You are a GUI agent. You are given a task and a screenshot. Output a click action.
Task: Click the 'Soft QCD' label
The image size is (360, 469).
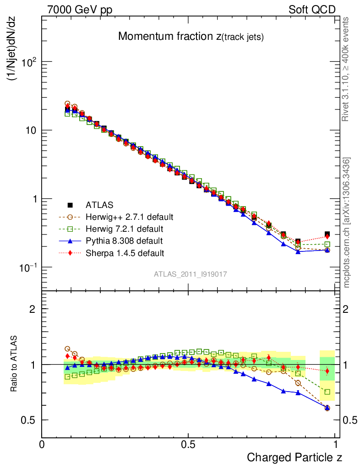pyautogui.click(x=312, y=10)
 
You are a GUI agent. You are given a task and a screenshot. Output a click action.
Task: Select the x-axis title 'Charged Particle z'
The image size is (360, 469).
pyautogui.click(x=295, y=457)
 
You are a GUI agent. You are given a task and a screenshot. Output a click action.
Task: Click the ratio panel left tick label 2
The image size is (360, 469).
pyautogui.click(x=33, y=309)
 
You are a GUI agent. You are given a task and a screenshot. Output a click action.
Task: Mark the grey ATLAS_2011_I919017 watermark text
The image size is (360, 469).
pyautogui.click(x=191, y=274)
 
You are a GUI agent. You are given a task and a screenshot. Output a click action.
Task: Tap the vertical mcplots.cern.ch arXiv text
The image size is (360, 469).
pyautogui.click(x=347, y=223)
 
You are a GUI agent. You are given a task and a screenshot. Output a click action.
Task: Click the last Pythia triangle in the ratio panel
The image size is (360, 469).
pyautogui.click(x=327, y=407)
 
